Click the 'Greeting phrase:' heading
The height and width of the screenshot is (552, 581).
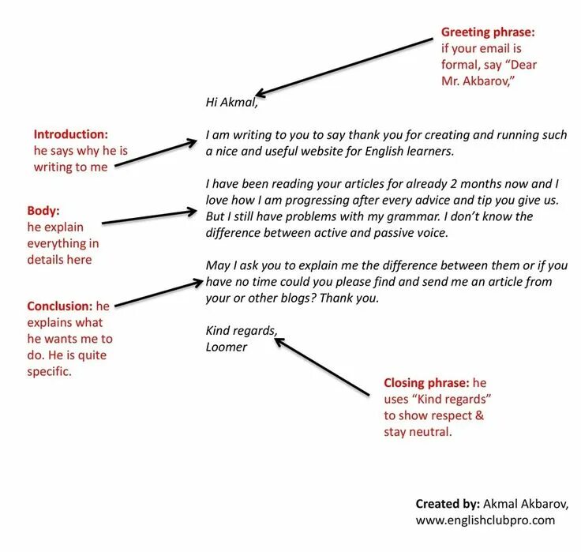pos(488,32)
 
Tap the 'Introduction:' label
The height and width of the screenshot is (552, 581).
pos(70,134)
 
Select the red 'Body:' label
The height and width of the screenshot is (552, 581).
pos(43,210)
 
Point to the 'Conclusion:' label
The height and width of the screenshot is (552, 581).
pos(60,306)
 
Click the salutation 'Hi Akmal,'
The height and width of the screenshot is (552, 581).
pos(231,102)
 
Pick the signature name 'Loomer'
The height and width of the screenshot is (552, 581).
pos(227,347)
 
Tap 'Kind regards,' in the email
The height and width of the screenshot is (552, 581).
pos(242,330)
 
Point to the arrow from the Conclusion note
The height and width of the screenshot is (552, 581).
pos(158,291)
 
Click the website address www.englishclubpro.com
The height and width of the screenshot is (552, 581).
pos(485,520)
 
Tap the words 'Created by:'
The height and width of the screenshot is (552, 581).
pos(448,503)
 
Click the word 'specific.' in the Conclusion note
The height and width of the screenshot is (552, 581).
pos(49,371)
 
